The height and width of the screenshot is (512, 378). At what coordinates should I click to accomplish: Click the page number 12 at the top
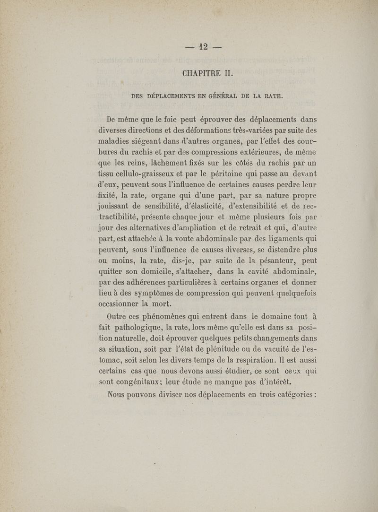click(204, 47)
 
